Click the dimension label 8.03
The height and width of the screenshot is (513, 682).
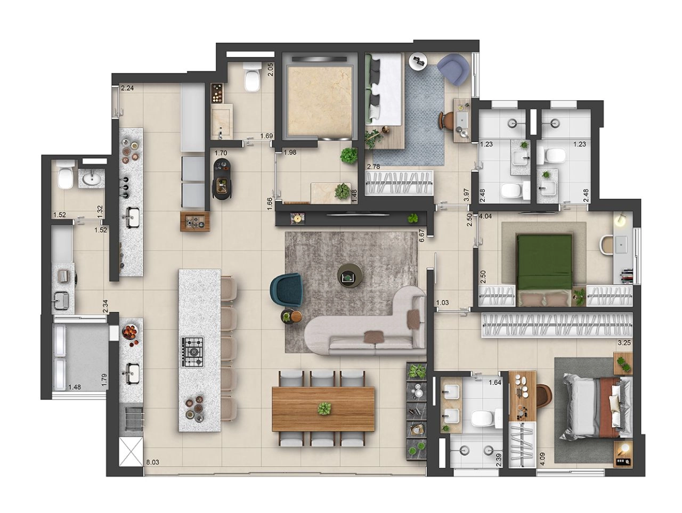152,462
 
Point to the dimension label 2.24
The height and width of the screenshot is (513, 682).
127,88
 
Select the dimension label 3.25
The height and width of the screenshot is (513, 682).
624,343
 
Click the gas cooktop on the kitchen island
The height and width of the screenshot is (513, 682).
193,352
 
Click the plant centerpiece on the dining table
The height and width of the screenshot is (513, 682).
324,408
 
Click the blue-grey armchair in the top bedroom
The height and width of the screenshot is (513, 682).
453,69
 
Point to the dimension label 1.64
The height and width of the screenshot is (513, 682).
495,382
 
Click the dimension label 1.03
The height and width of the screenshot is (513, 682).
442,303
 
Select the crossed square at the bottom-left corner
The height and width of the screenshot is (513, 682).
132,452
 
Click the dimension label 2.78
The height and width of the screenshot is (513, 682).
373,166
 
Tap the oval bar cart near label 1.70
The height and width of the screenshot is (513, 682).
223,178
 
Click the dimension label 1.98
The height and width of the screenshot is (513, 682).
290,152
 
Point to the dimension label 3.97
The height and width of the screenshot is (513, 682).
466,195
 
